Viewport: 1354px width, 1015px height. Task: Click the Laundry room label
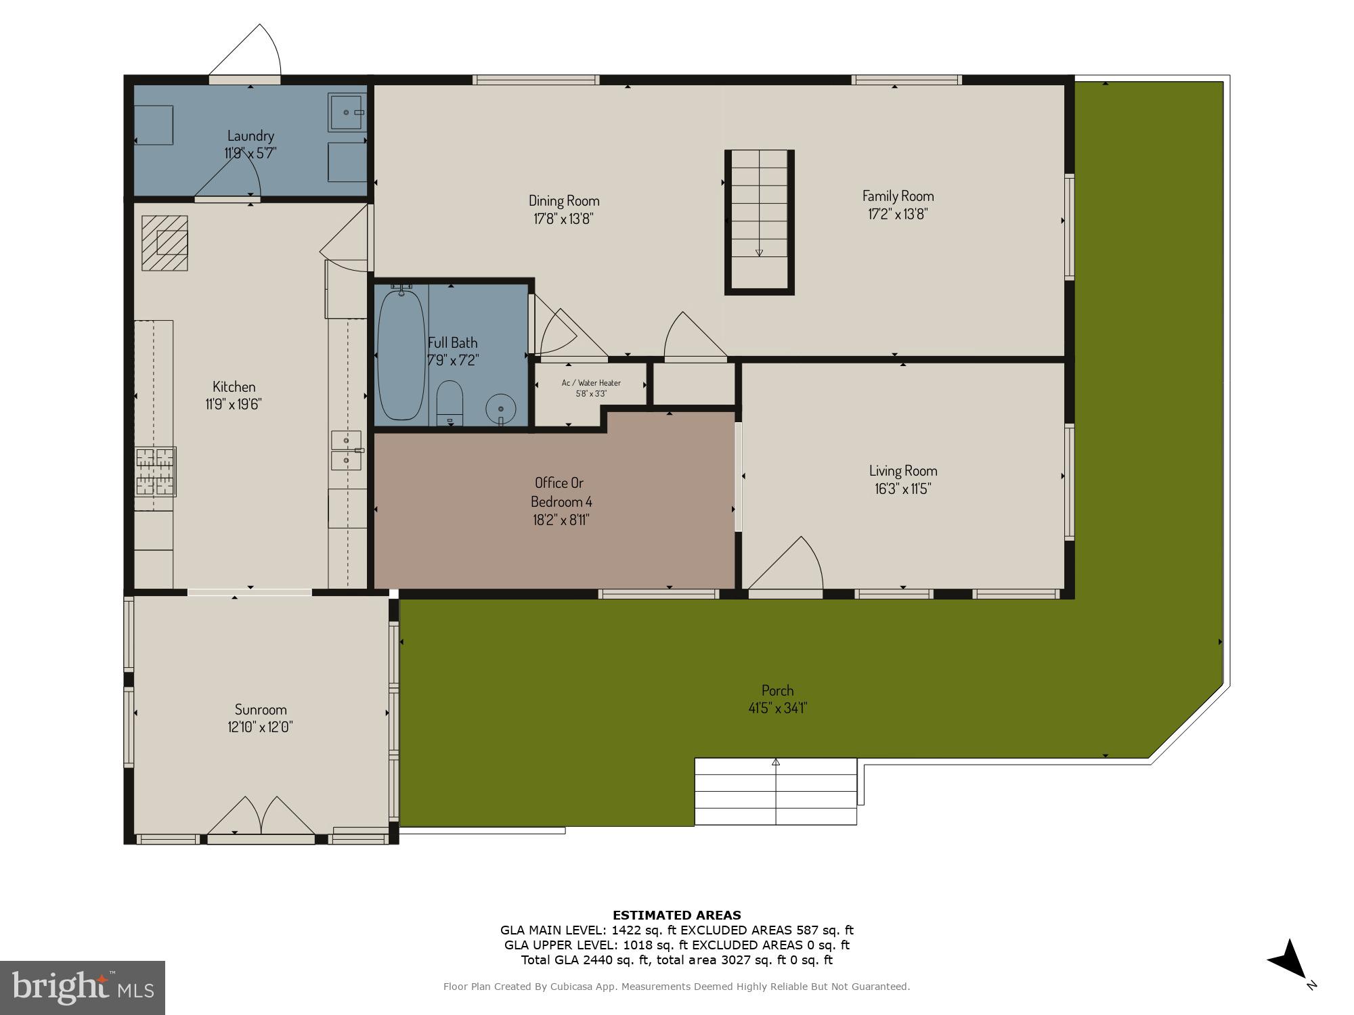coord(250,136)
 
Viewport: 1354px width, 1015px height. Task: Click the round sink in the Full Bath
coord(501,409)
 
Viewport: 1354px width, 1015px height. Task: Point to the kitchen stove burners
coord(155,471)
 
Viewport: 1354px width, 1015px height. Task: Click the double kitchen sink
coord(347,451)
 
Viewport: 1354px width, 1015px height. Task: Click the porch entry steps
coord(776,791)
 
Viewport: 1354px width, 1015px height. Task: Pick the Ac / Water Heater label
coord(591,383)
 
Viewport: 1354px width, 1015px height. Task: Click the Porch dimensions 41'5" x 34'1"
coord(777,708)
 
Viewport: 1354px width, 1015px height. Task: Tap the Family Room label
coord(898,196)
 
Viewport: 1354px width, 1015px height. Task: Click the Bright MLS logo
coord(83,988)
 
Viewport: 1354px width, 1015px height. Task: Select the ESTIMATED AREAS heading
coord(676,916)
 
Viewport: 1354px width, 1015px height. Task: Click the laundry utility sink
coord(346,112)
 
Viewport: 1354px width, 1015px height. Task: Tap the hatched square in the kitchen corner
coord(165,243)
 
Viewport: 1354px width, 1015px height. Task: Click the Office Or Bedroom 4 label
coord(561,492)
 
